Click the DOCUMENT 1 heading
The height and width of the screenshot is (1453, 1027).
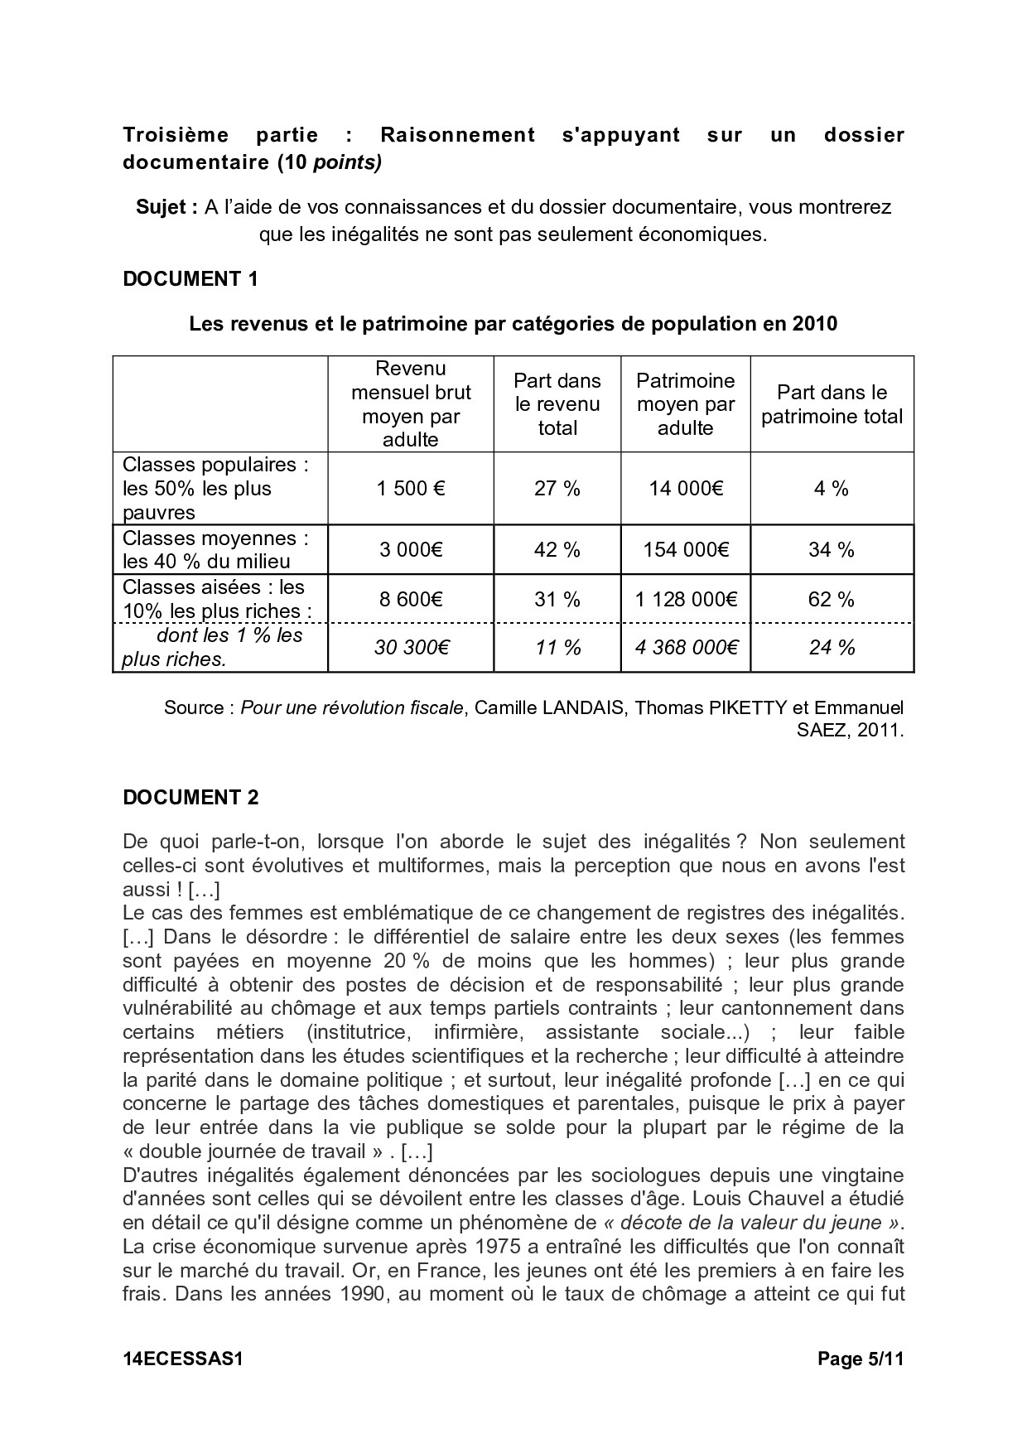190,279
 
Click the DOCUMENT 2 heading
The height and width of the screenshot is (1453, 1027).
190,797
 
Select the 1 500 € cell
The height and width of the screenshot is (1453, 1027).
411,489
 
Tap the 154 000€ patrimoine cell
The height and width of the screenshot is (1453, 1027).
686,550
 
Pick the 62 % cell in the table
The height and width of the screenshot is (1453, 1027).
832,600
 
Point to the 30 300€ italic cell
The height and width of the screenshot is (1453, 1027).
411,648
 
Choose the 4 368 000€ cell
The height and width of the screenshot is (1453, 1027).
686,648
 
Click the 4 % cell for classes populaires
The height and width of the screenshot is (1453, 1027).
832,489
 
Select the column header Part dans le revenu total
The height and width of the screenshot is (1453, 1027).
557,404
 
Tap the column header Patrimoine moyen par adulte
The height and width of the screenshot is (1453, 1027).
686,404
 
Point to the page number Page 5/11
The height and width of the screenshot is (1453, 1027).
861,1359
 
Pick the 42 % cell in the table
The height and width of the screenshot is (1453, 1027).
557,550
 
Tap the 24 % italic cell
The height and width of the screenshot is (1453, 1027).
832,648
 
